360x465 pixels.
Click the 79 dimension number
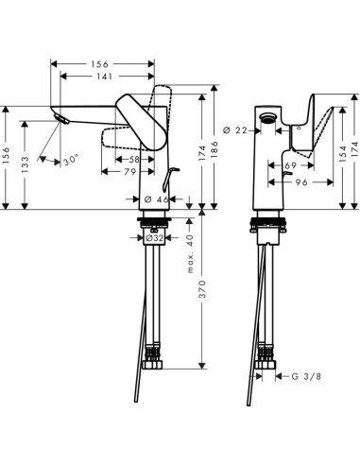click(x=118, y=173)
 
